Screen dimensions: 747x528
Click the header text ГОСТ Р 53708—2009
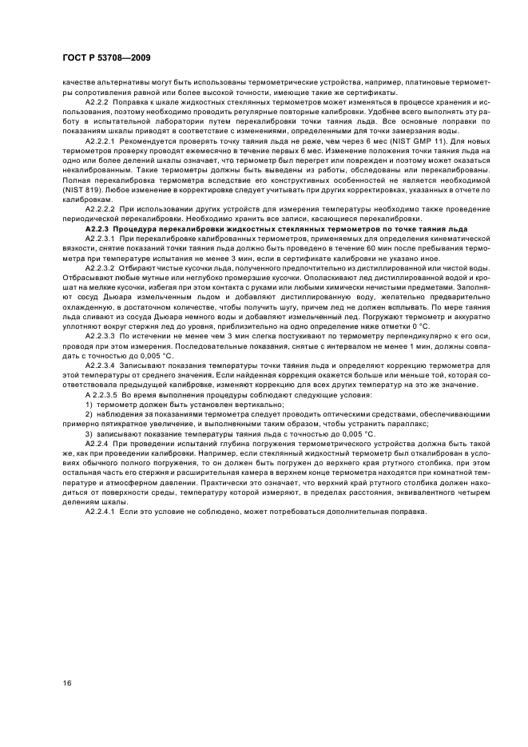99,58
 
